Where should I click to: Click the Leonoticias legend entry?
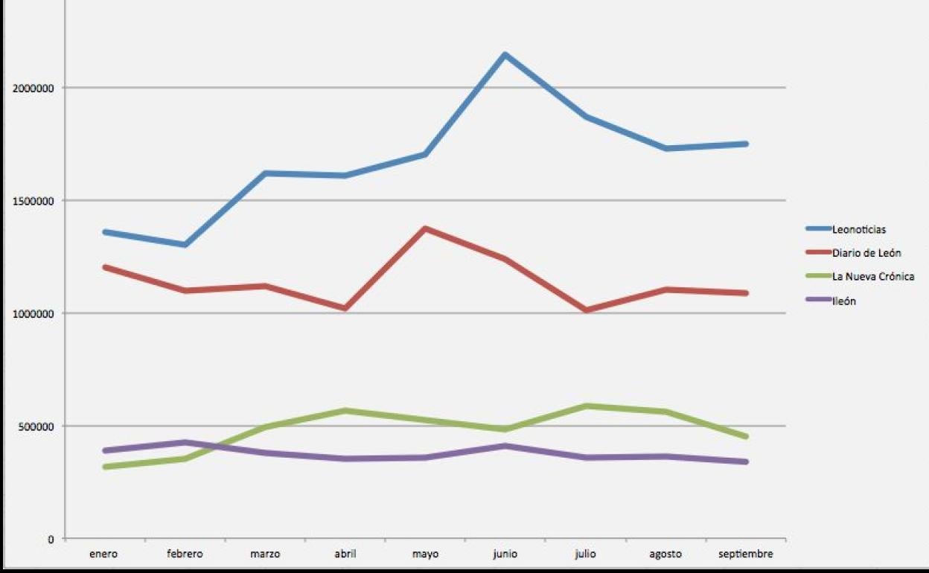pos(858,229)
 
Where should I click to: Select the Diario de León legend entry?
pos(866,253)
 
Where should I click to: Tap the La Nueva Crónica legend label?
pos(872,277)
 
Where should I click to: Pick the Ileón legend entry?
pos(843,301)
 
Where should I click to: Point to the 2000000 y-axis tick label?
pos(35,88)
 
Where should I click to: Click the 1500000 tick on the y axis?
pos(35,201)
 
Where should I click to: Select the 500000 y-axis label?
pos(38,426)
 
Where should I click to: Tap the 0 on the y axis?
pos(51,540)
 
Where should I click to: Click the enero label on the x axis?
pos(103,554)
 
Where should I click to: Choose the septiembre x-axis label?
pos(745,554)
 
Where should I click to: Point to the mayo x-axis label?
pos(425,554)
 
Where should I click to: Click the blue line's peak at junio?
pos(505,54)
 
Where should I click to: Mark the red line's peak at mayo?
pos(425,228)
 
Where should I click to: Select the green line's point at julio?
pos(586,406)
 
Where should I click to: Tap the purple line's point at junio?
pos(505,446)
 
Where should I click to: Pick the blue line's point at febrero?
pos(185,245)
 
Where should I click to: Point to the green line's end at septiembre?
pos(745,437)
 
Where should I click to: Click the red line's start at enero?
pos(105,266)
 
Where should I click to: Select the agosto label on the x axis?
pos(665,554)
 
